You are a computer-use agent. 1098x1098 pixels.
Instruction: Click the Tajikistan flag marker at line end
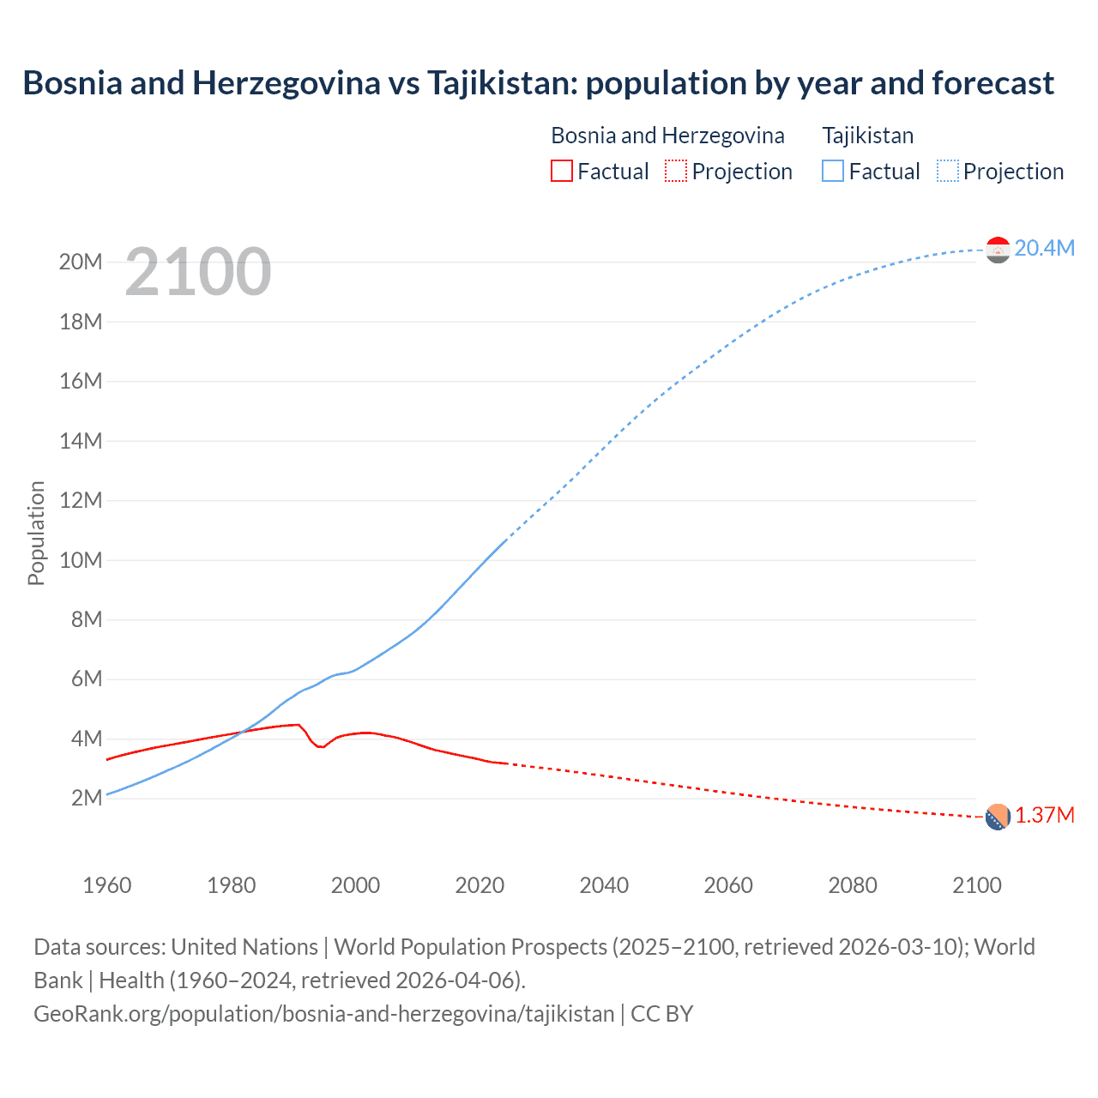(998, 250)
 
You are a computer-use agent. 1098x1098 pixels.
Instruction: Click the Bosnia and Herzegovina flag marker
(998, 817)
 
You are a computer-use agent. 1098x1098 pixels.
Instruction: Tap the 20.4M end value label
(1044, 249)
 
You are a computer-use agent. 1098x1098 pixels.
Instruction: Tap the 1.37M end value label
(1044, 816)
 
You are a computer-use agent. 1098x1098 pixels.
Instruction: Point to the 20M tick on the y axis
(81, 262)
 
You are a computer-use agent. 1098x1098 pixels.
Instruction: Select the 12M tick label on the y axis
(81, 501)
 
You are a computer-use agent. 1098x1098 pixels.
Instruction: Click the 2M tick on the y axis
(87, 799)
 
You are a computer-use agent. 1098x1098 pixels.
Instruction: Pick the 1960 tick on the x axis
(107, 885)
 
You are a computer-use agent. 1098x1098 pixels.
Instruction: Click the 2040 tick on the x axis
(604, 885)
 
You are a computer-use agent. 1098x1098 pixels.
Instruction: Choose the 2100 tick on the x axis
(976, 885)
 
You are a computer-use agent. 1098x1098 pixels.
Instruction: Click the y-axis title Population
(36, 533)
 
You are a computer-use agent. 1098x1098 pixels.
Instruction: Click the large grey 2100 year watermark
(198, 273)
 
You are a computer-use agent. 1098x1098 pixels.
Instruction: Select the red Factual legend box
(561, 172)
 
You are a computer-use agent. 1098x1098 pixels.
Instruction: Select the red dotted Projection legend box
(676, 172)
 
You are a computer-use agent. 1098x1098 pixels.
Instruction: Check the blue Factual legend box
(833, 172)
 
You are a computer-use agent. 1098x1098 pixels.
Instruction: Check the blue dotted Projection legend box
(948, 172)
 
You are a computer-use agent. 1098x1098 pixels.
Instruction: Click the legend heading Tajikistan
(867, 136)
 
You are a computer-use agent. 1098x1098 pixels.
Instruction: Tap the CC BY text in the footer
(661, 1014)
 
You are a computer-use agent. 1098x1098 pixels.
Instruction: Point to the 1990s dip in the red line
(320, 746)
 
